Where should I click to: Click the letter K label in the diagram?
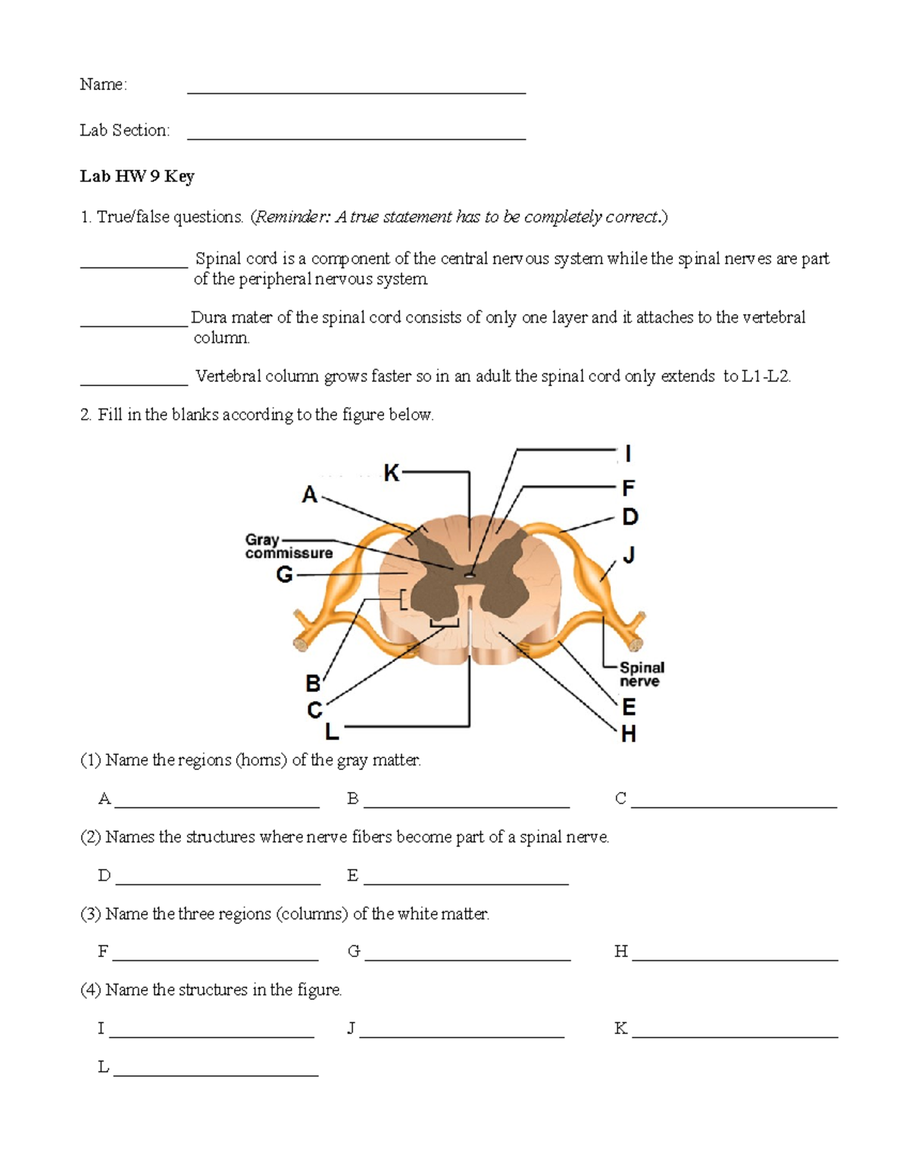tap(391, 473)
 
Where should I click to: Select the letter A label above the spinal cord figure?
tap(309, 495)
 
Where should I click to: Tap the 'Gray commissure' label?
tap(289, 546)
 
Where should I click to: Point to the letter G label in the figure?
tap(284, 576)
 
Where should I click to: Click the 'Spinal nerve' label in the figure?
tap(642, 674)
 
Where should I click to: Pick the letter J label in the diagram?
tap(628, 555)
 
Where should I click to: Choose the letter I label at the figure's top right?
tap(628, 454)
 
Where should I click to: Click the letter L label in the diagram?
tap(332, 731)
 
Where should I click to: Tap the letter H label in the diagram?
tap(628, 734)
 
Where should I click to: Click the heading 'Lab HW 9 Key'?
tap(137, 176)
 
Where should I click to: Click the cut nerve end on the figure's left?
tap(301, 644)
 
